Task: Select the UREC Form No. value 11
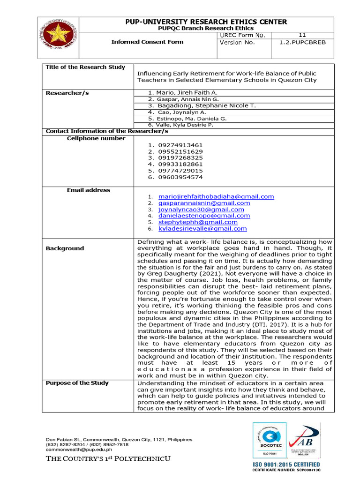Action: click(302, 35)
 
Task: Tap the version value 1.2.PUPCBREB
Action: click(302, 42)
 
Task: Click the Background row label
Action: click(65, 248)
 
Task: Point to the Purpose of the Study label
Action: click(77, 383)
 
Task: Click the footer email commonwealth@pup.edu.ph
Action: click(79, 450)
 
